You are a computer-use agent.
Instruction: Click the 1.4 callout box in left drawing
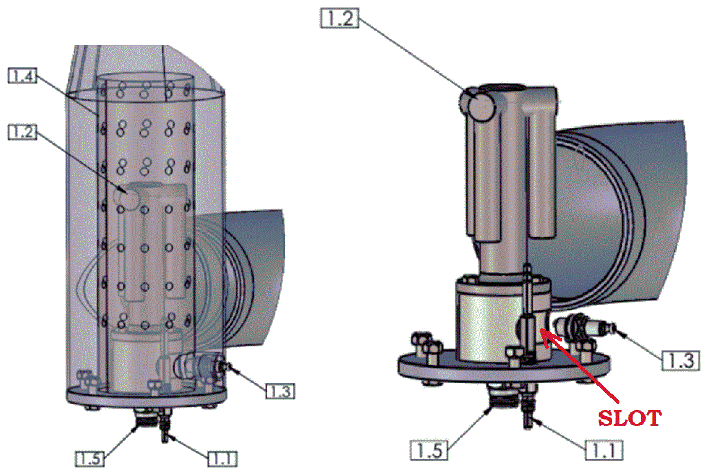(x=22, y=76)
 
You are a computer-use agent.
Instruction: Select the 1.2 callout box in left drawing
(x=22, y=132)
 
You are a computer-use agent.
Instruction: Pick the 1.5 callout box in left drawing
(x=90, y=459)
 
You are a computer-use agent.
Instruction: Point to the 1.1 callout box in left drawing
(x=223, y=459)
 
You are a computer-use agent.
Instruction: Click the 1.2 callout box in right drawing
(x=339, y=18)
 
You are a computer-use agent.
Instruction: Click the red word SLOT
(x=630, y=418)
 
